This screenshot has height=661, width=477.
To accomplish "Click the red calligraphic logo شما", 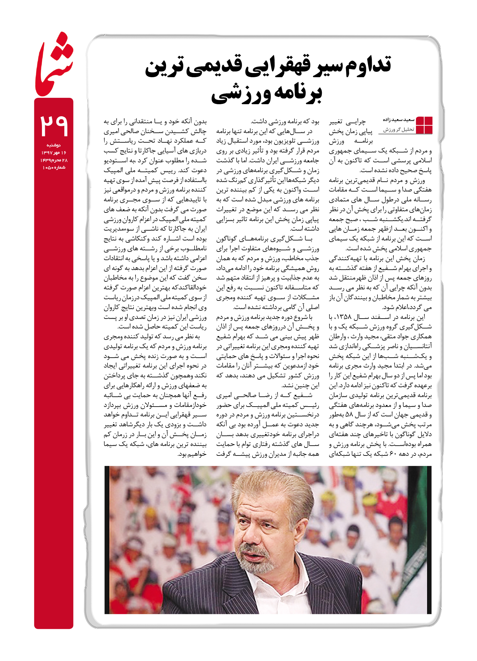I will (54, 65).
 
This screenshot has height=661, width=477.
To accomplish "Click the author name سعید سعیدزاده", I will (398, 120).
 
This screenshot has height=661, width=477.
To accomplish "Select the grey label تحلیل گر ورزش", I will (398, 130).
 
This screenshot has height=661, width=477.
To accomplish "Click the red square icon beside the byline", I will (424, 125).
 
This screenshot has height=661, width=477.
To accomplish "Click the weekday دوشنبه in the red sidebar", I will (54, 145).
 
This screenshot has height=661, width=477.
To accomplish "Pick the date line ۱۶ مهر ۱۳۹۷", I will (54, 153).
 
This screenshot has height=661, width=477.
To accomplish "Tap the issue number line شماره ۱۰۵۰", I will (54, 167).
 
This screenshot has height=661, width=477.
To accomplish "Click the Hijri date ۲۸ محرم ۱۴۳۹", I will (54, 160).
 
